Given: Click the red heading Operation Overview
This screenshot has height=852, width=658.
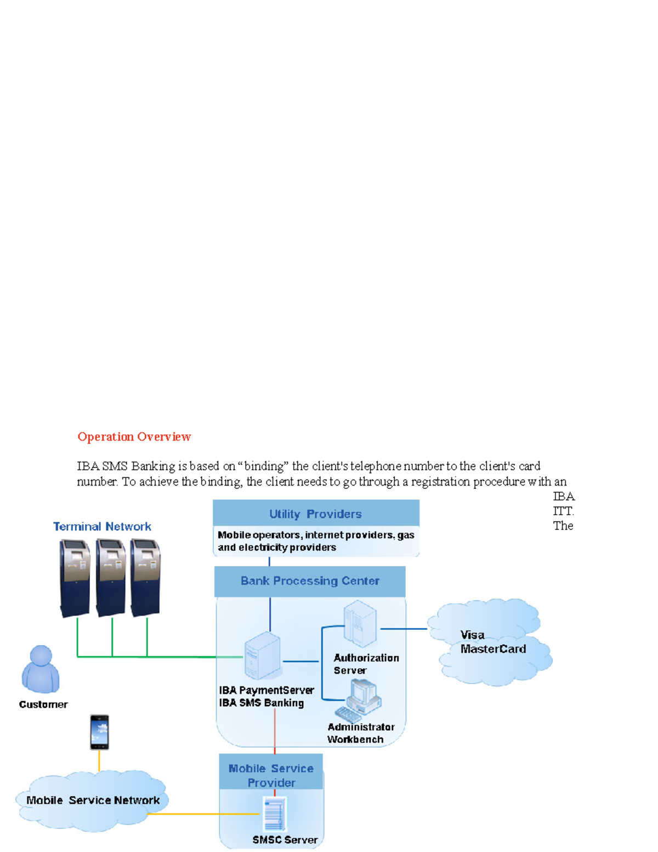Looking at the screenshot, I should [134, 437].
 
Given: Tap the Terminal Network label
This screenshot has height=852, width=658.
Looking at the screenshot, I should [102, 527].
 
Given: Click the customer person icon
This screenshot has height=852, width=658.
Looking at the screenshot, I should [41, 669].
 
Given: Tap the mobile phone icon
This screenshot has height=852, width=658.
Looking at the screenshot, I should [99, 732].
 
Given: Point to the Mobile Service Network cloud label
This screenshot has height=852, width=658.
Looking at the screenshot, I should [93, 800].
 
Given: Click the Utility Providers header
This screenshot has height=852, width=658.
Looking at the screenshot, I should [315, 514].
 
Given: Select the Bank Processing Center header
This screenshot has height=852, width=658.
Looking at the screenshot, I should [310, 581].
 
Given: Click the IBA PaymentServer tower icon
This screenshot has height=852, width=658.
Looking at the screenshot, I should [263, 656].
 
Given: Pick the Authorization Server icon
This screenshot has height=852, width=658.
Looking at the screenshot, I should [360, 623].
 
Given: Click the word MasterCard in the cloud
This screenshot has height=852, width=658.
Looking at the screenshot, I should [493, 649].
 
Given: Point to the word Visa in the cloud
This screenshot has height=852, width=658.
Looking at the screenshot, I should [472, 635].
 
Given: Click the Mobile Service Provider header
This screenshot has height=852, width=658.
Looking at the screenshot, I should [271, 775].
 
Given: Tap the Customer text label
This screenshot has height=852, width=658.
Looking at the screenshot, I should [43, 704].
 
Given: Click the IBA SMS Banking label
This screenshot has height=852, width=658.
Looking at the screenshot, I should [261, 703].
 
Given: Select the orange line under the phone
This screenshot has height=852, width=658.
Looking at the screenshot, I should [99, 760].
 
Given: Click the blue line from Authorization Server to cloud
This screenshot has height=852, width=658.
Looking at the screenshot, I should [404, 629].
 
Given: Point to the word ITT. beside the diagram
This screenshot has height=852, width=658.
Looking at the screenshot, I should [563, 511].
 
